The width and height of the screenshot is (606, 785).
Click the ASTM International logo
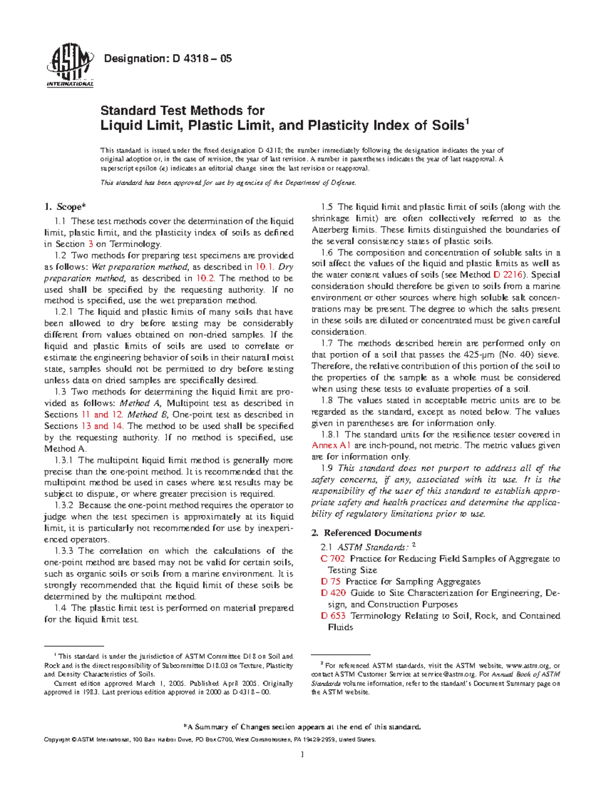coord(70,68)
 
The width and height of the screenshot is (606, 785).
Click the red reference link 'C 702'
coord(332,559)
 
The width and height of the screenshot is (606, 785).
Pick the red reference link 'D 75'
coord(330,582)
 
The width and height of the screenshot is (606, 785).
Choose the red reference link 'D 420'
coord(333,593)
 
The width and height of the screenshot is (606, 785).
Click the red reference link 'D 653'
coord(333,616)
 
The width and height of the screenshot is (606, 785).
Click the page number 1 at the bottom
coord(302,755)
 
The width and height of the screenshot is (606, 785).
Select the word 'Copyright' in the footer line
coord(57,740)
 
